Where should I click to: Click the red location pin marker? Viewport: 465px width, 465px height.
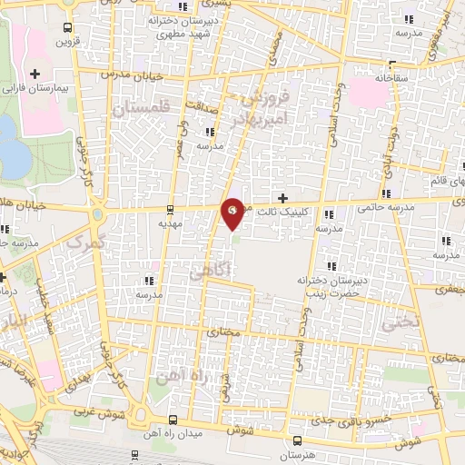click(x=233, y=213)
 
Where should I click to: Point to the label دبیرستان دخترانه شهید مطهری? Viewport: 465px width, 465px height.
click(x=206, y=25)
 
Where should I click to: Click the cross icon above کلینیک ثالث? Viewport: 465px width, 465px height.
click(x=282, y=198)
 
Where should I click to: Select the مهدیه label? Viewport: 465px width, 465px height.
click(x=171, y=222)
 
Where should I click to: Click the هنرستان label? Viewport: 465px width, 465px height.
click(x=293, y=452)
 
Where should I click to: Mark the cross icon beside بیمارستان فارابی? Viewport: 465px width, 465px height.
click(x=35, y=74)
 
